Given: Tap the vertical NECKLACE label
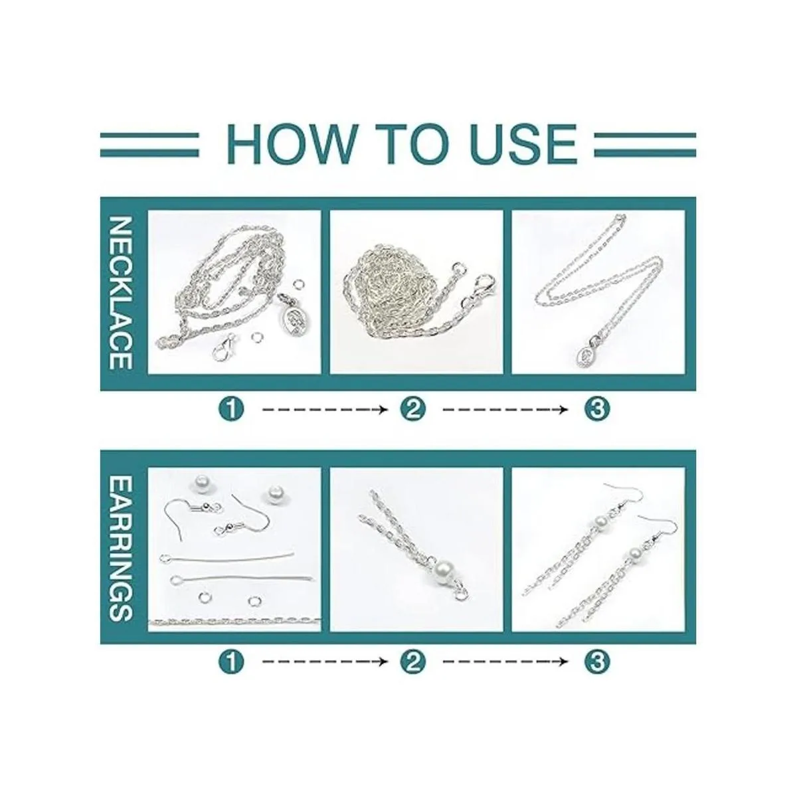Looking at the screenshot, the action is click(122, 294).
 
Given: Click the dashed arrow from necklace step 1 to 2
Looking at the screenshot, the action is click(325, 410).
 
